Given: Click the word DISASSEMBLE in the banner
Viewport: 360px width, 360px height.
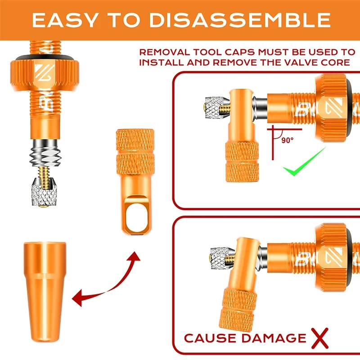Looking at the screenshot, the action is tap(240, 20).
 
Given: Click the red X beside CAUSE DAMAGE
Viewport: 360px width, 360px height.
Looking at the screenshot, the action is tap(320, 338).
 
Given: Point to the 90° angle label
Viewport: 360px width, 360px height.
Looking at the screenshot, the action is tap(288, 140).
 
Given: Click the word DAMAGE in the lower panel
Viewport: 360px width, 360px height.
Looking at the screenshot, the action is tap(274, 338).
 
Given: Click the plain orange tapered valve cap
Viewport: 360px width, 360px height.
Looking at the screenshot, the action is tap(45, 292).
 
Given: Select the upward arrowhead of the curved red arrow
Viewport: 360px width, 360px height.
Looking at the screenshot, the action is tap(134, 256).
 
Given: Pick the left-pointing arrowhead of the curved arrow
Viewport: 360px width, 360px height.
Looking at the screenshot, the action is tap(77, 298).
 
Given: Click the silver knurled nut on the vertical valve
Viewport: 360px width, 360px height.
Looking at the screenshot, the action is tap(44, 192).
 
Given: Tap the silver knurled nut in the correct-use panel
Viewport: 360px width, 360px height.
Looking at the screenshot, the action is tap(217, 108).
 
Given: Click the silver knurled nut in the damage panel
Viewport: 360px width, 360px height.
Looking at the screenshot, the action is tap(222, 258).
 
